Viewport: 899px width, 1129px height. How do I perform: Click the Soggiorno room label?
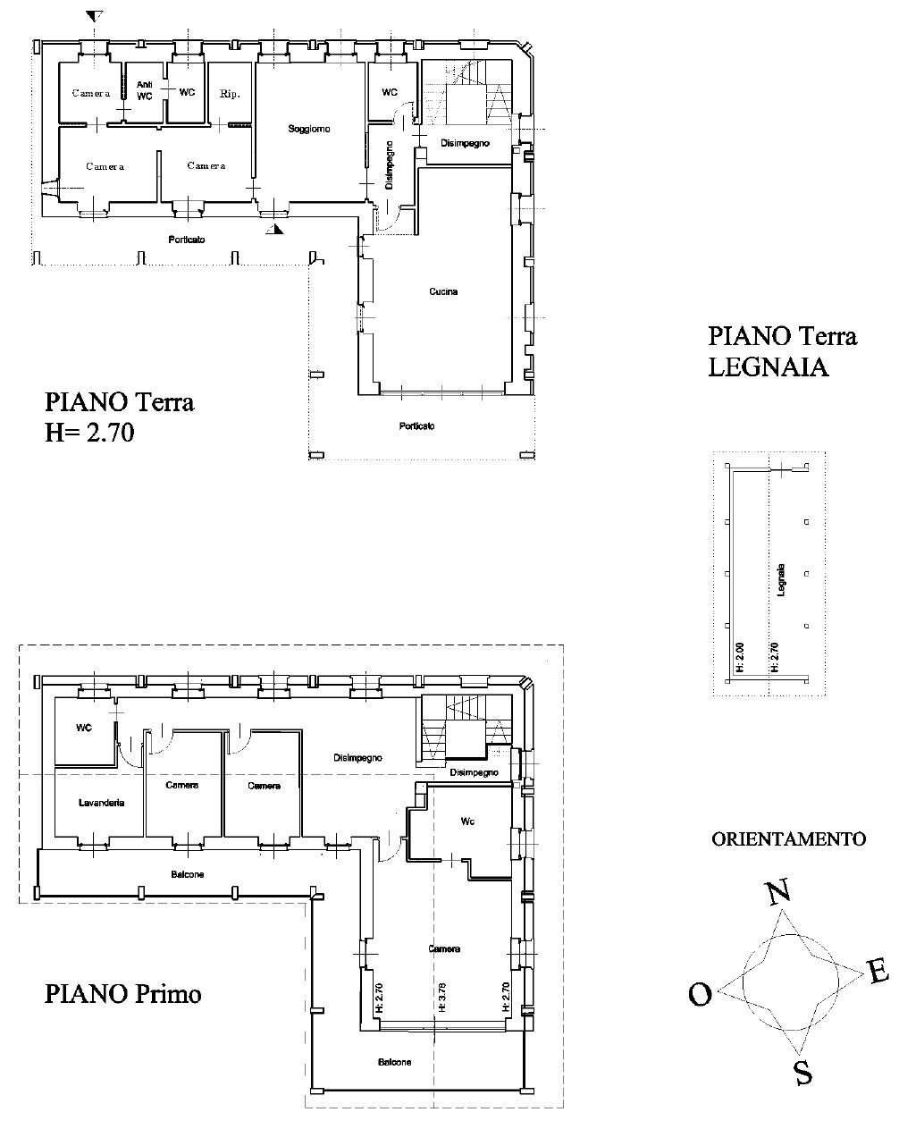pos(309,129)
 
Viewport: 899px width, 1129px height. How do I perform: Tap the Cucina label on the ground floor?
pos(443,291)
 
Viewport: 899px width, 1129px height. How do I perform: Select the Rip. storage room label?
pos(230,95)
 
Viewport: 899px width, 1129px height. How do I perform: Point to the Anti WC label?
pos(144,90)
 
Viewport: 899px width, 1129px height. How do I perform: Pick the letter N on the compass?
pos(778,892)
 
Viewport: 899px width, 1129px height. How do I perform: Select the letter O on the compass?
pos(701,994)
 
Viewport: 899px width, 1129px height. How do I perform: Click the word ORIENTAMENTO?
pos(788,839)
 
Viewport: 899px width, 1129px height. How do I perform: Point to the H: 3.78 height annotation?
pos(441,998)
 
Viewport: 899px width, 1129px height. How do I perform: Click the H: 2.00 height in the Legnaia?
pos(740,658)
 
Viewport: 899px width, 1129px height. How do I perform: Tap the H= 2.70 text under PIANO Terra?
pos(89,434)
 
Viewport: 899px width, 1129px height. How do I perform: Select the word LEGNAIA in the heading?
pos(769,367)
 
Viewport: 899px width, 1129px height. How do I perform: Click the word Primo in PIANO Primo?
pos(168,994)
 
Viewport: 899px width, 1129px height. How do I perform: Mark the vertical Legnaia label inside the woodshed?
pos(781,580)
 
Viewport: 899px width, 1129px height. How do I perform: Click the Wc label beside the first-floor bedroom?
pos(467,821)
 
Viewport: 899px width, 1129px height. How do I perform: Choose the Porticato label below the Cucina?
pos(416,426)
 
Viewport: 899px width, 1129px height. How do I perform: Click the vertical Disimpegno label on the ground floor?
pos(390,164)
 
